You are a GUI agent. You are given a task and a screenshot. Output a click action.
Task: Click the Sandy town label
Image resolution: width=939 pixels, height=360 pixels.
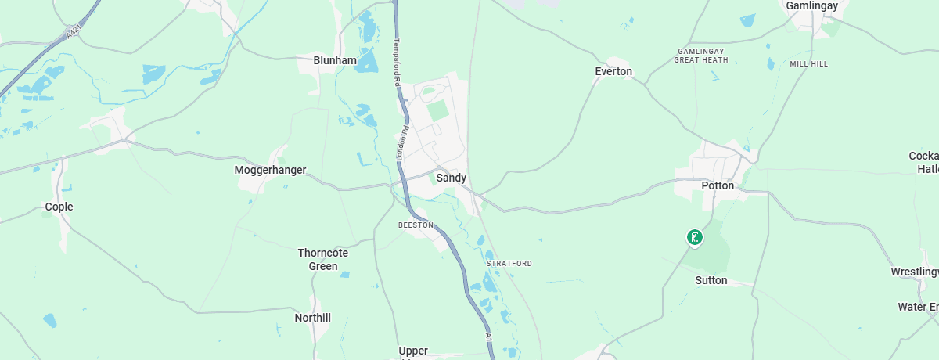coord(451,178)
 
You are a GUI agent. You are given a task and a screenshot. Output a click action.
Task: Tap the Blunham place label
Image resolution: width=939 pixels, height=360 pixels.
coord(334,60)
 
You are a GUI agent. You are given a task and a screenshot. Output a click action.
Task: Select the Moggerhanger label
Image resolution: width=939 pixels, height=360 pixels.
coord(270,170)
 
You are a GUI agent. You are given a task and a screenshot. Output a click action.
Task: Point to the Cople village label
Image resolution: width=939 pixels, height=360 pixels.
coord(59,207)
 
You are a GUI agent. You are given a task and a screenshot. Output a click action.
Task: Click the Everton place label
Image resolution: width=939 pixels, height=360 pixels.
coord(613,71)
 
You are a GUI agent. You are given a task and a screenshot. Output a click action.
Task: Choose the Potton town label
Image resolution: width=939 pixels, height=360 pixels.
coord(718,185)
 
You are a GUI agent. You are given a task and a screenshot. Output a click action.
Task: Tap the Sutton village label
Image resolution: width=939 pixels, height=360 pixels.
coord(711,280)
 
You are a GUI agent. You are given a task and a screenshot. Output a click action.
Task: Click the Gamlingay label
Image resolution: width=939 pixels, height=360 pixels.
coord(811,5)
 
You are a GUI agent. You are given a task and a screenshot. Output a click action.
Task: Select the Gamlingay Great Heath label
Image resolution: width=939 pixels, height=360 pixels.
coord(701,55)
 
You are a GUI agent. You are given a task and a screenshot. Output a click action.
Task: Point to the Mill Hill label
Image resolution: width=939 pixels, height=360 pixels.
coord(808,63)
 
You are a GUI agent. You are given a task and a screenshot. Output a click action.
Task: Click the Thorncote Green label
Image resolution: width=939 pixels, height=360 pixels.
coord(322,259)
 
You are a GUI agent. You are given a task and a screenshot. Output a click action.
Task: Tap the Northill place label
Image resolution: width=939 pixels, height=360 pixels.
coord(312,318)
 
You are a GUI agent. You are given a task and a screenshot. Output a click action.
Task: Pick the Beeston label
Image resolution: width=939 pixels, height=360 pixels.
coord(416,225)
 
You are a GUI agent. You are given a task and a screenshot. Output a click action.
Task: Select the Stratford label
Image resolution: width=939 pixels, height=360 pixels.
coord(509,263)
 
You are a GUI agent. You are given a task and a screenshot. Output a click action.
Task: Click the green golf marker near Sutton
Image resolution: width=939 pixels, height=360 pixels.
coord(693,236)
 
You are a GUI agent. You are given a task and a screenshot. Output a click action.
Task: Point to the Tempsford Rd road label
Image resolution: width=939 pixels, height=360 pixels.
coord(398,62)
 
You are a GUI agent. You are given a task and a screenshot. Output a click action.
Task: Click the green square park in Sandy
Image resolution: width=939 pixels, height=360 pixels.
coord(438,110)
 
